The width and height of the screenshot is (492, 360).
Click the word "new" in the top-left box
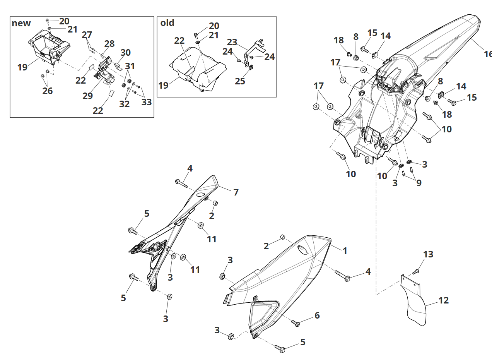click(x=21, y=23)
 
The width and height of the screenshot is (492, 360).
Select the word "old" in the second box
click(x=167, y=23)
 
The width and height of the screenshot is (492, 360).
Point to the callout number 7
click(x=236, y=192)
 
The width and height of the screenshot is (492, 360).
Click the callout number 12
click(x=444, y=300)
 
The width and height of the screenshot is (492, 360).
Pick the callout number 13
click(x=428, y=255)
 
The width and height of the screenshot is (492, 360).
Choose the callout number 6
click(x=317, y=315)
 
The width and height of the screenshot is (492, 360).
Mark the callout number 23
click(x=232, y=42)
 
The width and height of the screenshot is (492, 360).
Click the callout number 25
click(x=240, y=82)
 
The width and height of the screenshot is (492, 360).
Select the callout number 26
click(x=48, y=91)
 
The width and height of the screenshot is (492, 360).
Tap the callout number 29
click(x=87, y=96)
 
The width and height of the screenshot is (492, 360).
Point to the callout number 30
click(x=125, y=53)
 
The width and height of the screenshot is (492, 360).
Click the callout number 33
click(x=147, y=102)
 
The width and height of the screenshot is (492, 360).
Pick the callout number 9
click(x=419, y=183)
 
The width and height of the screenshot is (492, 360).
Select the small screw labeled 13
click(x=417, y=271)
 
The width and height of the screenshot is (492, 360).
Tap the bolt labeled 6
click(x=296, y=323)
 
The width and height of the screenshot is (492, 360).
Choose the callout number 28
click(x=109, y=44)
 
